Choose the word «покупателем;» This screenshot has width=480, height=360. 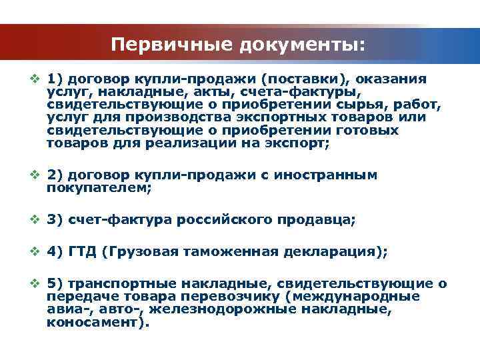[x=99, y=188]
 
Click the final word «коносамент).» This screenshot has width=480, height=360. [x=99, y=322]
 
